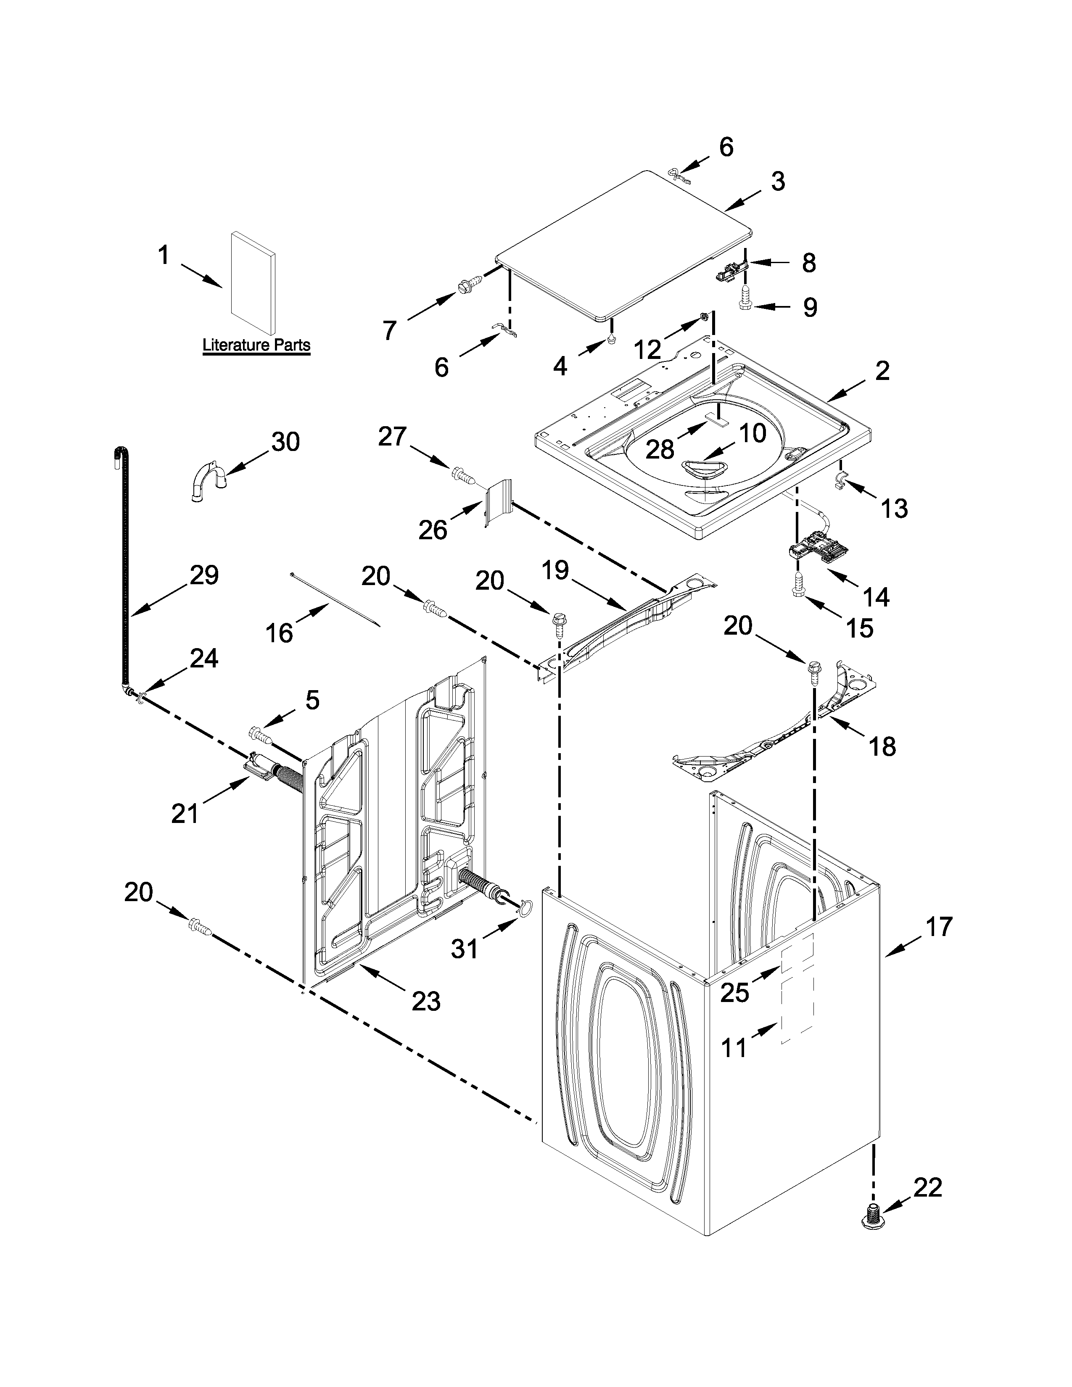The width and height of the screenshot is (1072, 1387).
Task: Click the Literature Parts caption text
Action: coord(256,345)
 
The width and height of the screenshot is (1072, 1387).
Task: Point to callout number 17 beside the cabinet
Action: coord(939,927)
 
